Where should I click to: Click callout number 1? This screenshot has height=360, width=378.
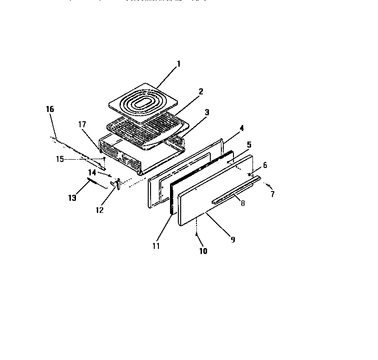179,64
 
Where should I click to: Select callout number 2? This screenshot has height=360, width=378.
201,91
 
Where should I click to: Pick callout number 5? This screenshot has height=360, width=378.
249,145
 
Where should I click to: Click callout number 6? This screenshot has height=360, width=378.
265,165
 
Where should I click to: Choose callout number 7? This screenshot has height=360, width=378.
272,194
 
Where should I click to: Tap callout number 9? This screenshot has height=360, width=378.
233,239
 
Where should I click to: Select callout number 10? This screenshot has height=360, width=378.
203,251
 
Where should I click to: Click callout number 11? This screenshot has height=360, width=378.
156,246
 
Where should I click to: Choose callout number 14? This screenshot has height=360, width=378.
92,173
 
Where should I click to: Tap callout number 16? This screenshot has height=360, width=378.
50,109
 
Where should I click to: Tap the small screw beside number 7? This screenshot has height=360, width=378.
268,186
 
